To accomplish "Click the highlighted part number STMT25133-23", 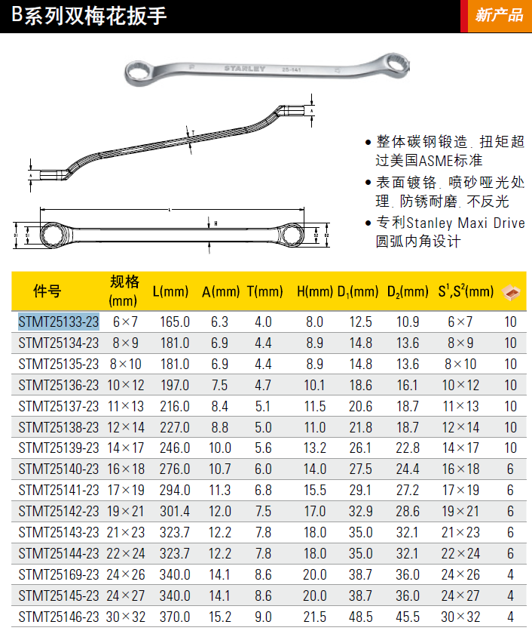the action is (x=59, y=322).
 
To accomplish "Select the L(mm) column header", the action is (x=171, y=291).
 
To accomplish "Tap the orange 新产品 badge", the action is (x=499, y=16).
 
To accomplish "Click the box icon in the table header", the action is (x=511, y=292).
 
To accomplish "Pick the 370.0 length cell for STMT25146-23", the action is (x=175, y=617).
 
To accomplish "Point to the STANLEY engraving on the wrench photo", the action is (x=245, y=69).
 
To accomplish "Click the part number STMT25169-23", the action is (x=59, y=574).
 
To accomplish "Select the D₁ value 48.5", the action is (x=361, y=617).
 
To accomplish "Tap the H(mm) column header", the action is (x=315, y=291).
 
